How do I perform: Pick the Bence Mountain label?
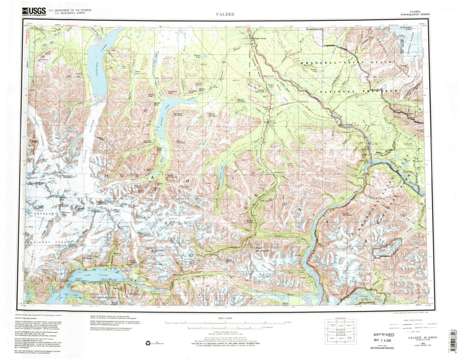(x=182, y=141)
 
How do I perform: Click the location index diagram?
(x=340, y=331)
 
